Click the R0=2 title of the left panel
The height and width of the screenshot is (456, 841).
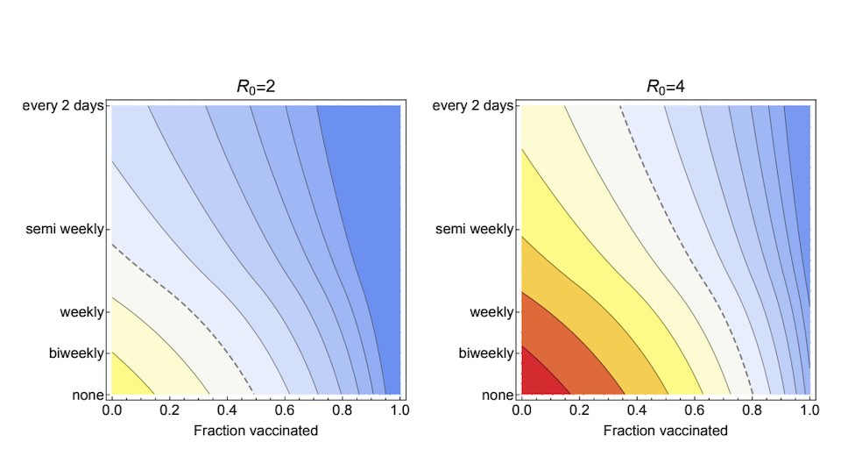tap(255, 87)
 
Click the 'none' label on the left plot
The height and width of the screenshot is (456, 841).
tap(89, 395)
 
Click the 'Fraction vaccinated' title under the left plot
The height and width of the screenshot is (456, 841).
tap(255, 431)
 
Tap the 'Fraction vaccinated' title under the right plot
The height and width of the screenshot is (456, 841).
tap(665, 431)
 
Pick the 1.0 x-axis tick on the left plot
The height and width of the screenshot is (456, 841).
tap(399, 410)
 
